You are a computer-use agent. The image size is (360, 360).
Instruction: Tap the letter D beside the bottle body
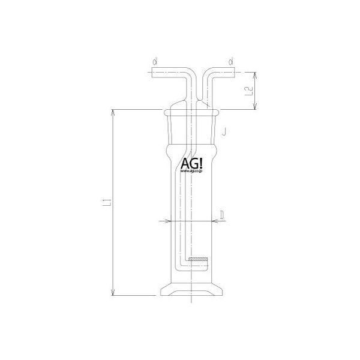click(222, 214)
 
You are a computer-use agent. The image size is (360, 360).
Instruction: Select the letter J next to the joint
click(223, 130)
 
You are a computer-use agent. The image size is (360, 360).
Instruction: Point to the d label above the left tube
click(155, 61)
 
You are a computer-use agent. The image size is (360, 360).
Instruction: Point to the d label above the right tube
click(230, 61)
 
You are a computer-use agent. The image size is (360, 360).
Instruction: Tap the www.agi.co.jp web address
click(191, 172)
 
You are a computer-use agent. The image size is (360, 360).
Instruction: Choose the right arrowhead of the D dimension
click(212, 221)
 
